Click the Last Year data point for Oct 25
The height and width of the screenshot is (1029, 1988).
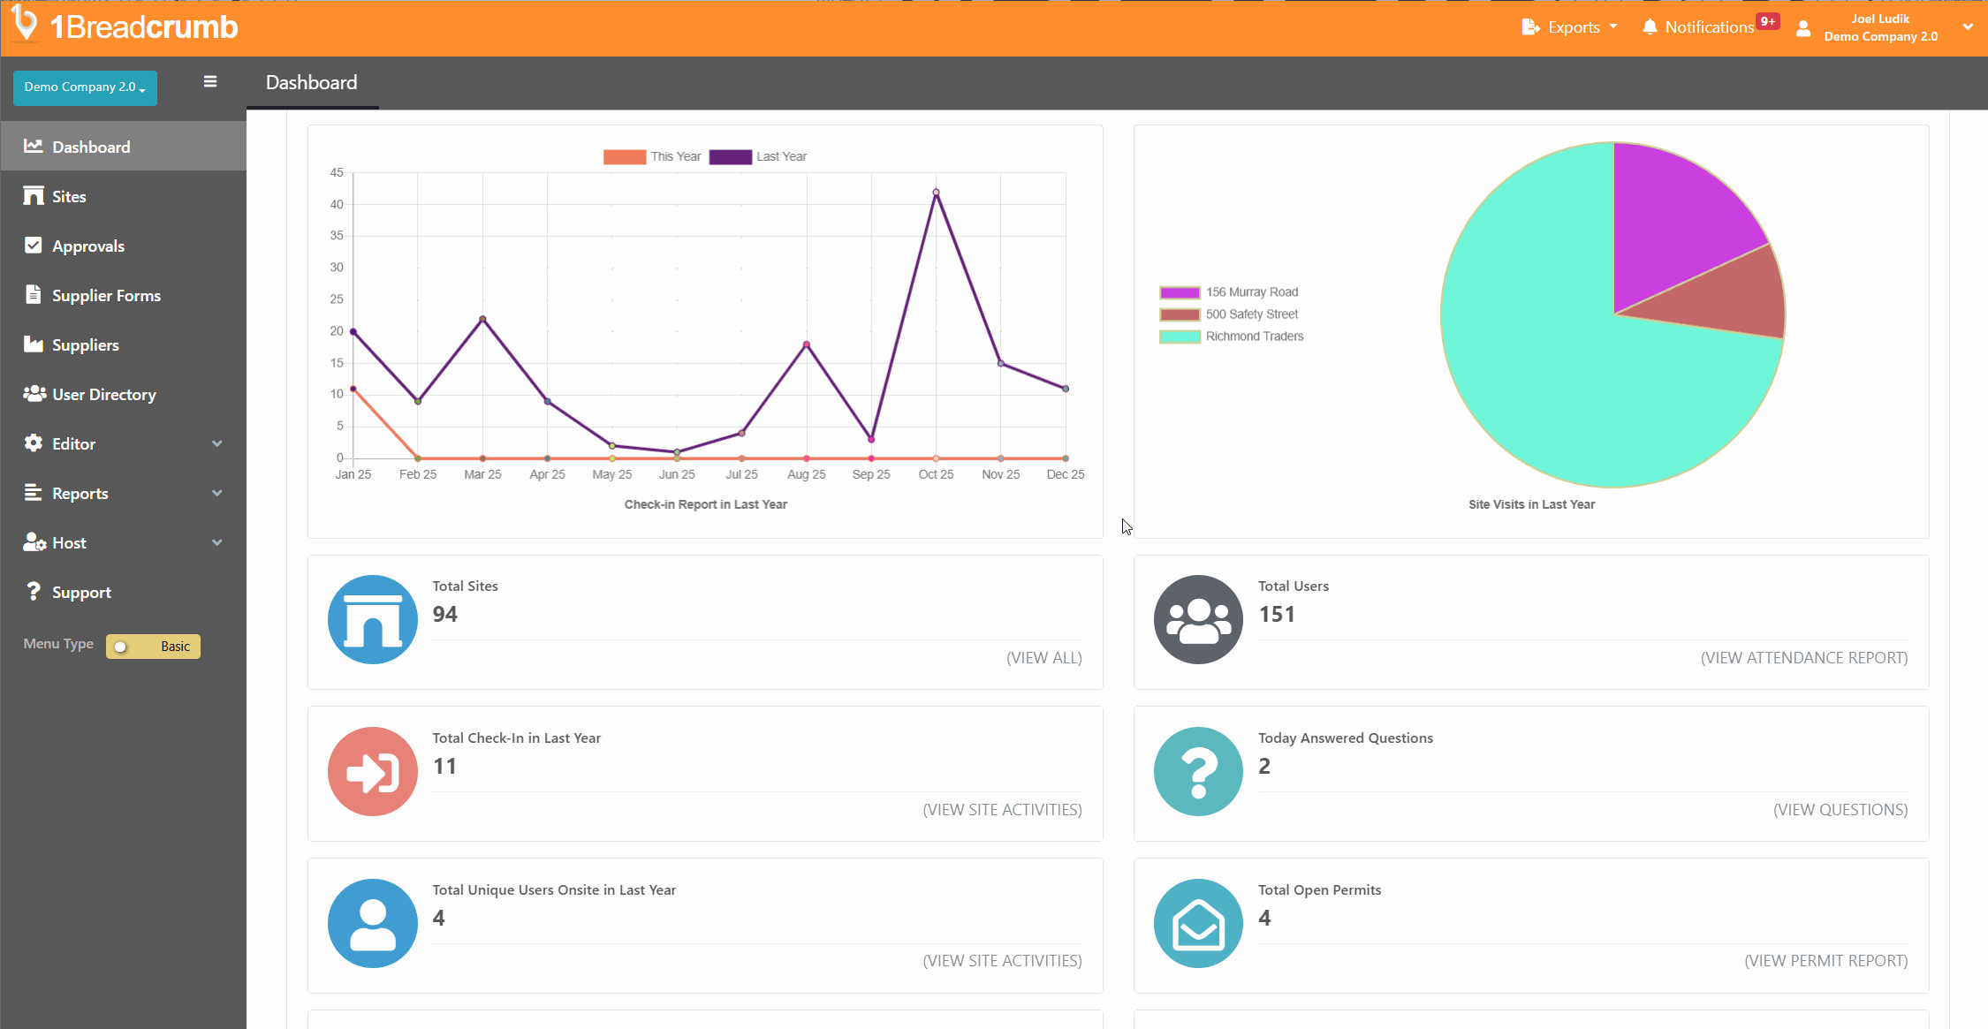pyautogui.click(x=936, y=193)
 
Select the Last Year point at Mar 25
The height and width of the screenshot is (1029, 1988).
pyautogui.click(x=482, y=319)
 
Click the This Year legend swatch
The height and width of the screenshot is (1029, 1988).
pyautogui.click(x=624, y=157)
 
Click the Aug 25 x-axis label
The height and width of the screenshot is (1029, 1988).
pyautogui.click(x=806, y=475)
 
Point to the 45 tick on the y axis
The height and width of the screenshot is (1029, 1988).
pyautogui.click(x=337, y=173)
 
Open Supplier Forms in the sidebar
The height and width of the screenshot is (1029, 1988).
pyautogui.click(x=106, y=296)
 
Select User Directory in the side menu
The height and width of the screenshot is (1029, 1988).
pyautogui.click(x=103, y=395)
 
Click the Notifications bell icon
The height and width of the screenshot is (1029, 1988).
pyautogui.click(x=1649, y=27)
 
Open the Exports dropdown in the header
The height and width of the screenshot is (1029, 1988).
pyautogui.click(x=1571, y=27)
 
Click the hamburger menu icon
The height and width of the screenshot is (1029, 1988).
pyautogui.click(x=210, y=82)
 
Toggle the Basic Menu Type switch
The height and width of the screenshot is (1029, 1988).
pyautogui.click(x=153, y=647)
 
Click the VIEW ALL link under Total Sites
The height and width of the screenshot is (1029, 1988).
pyautogui.click(x=1043, y=658)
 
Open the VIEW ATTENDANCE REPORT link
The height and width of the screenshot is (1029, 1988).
pyautogui.click(x=1803, y=658)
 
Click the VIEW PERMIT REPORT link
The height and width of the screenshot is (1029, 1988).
pyautogui.click(x=1825, y=961)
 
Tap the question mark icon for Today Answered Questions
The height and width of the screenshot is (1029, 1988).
pyautogui.click(x=1197, y=771)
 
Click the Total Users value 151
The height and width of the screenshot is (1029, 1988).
pyautogui.click(x=1277, y=615)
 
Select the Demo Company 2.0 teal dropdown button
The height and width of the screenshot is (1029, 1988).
pyautogui.click(x=85, y=87)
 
